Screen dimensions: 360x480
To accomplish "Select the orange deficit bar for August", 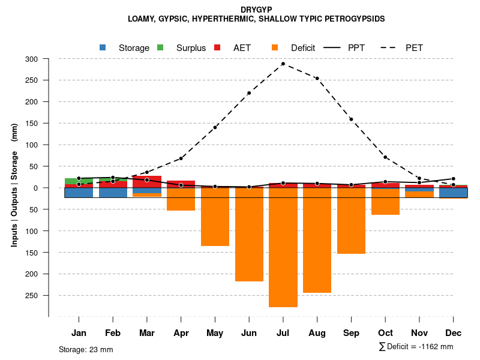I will (x=317, y=240).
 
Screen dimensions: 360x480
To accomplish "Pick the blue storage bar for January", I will (x=79, y=193).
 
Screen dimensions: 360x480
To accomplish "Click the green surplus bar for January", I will (x=79, y=181).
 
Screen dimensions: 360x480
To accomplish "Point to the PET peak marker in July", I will (x=283, y=64).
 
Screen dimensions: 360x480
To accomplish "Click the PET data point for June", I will (x=249, y=93).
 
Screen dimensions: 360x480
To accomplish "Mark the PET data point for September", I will (x=351, y=119).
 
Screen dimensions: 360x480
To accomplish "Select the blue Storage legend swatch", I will (x=103, y=47).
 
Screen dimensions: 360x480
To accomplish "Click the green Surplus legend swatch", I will (x=160, y=47).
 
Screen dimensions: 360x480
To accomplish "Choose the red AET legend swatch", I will (x=218, y=47).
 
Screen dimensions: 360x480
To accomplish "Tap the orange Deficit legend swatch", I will (x=275, y=47).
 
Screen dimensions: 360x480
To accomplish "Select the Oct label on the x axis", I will (x=385, y=333).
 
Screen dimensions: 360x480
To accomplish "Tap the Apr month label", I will (x=181, y=333).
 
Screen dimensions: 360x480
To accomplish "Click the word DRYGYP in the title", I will (x=256, y=10).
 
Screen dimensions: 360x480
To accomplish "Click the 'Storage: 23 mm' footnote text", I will (x=86, y=349).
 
